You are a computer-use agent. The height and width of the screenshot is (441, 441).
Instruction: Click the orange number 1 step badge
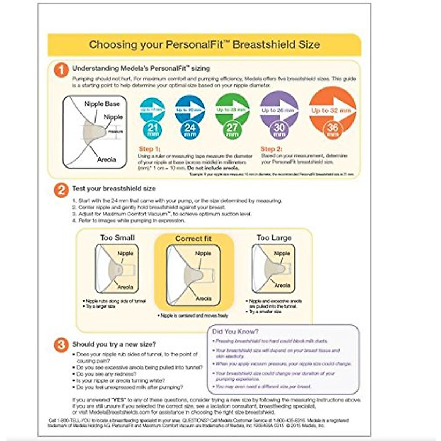[61, 70]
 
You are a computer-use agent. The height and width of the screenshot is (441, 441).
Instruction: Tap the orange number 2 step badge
[61, 190]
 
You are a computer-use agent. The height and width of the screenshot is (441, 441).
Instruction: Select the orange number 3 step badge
[61, 345]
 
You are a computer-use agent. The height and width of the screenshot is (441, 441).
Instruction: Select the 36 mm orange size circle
[332, 130]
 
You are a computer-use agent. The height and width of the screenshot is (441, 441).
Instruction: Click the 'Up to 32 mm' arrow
[332, 110]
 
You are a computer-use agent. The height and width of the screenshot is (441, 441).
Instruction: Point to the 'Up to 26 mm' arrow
[279, 110]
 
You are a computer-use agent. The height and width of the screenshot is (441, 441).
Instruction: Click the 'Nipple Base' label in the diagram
[102, 104]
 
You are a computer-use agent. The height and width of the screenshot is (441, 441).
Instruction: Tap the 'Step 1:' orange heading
[149, 149]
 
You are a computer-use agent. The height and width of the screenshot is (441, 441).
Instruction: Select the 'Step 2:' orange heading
[271, 149]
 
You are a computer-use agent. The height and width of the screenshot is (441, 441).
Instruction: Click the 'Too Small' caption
[117, 238]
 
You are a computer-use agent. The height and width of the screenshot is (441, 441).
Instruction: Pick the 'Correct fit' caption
[193, 239]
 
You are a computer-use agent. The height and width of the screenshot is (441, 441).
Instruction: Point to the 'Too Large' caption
[274, 238]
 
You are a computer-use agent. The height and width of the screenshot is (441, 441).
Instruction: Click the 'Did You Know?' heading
[235, 331]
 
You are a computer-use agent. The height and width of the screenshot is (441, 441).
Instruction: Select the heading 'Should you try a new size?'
[114, 344]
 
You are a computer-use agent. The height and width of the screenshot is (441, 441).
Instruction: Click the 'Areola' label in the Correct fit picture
[203, 298]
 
